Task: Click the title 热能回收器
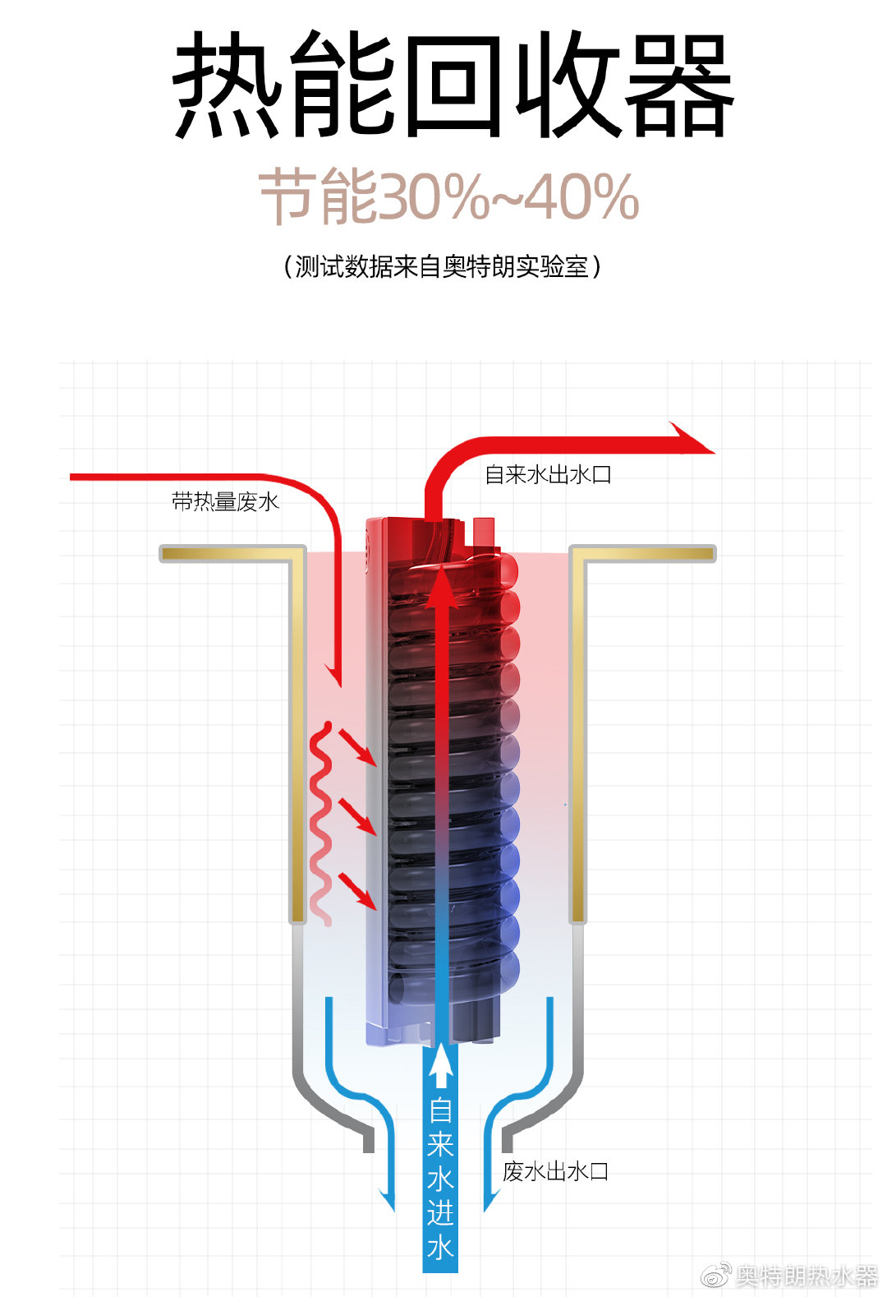click(x=451, y=85)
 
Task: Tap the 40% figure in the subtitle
click(x=581, y=197)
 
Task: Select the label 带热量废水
click(x=225, y=501)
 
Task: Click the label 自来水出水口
click(x=547, y=474)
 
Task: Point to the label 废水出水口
click(x=555, y=1171)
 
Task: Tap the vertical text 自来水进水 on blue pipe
click(x=440, y=1179)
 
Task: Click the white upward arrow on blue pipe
click(x=441, y=1064)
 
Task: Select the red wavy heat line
click(x=321, y=822)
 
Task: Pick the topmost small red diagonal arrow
click(x=358, y=747)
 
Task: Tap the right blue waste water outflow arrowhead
click(x=490, y=1199)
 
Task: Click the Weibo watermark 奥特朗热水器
click(x=806, y=1276)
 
